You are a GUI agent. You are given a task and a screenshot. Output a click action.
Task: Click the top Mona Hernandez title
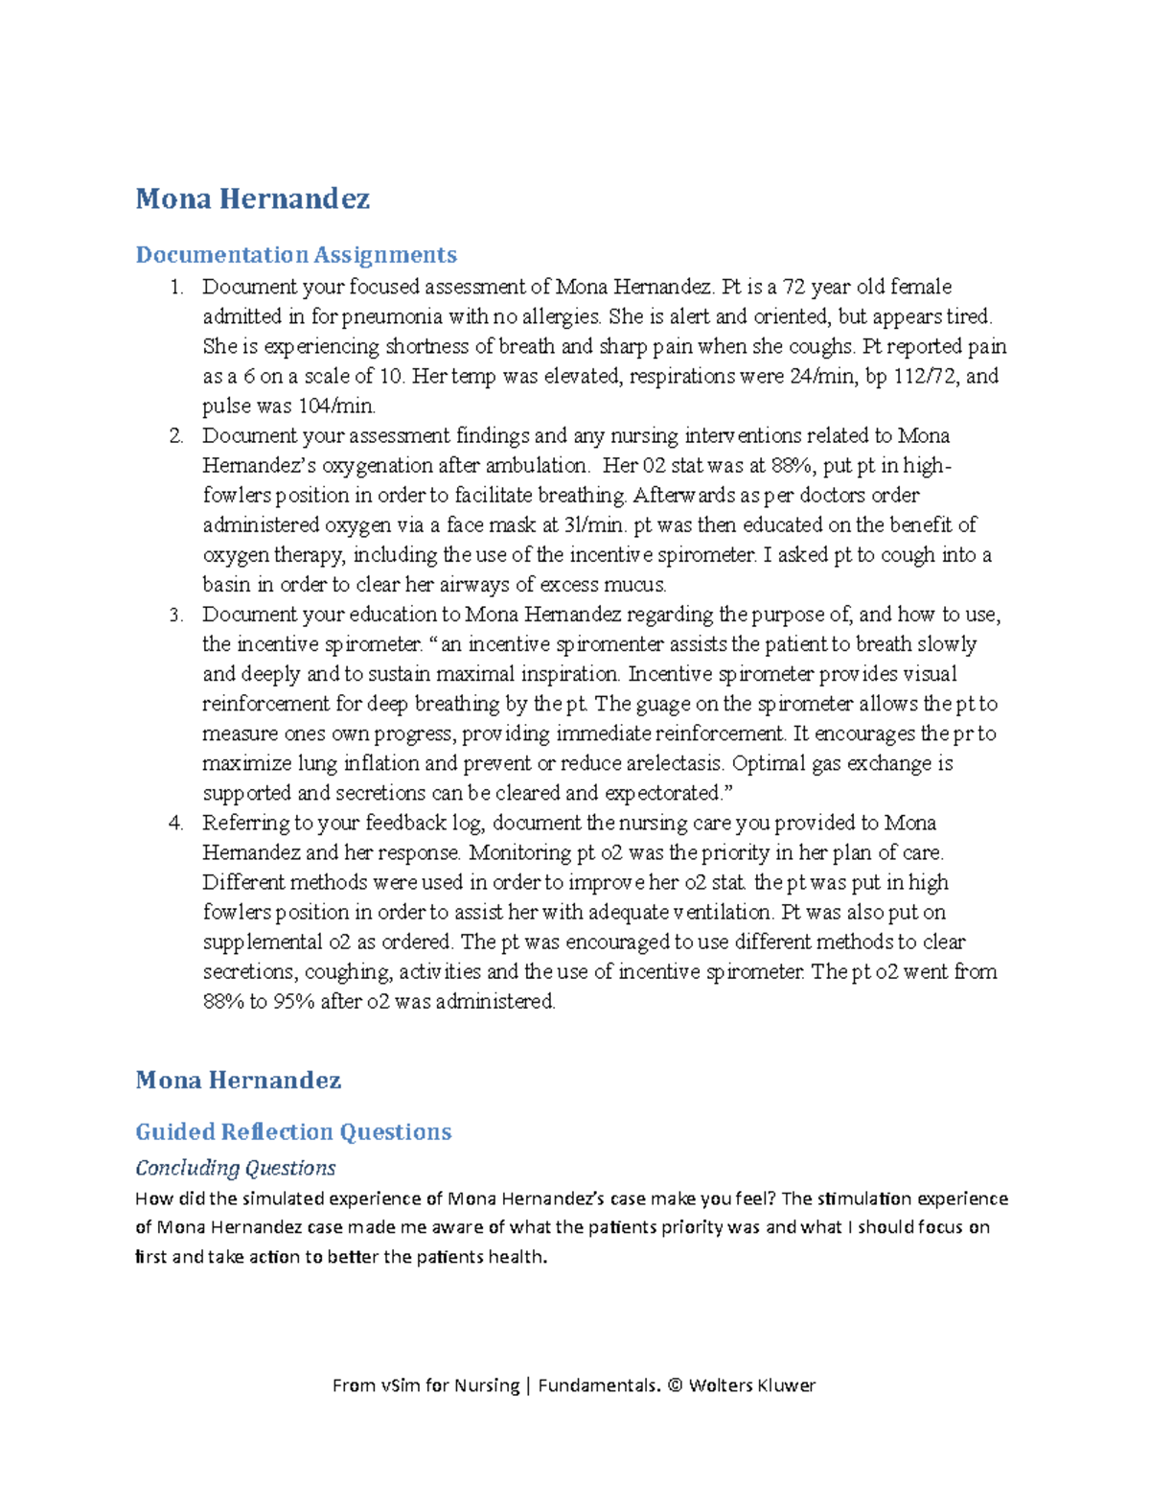[252, 198]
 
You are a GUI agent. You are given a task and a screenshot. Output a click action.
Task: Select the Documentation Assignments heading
[296, 254]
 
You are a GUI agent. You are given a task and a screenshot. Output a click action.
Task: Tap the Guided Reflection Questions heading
[293, 1131]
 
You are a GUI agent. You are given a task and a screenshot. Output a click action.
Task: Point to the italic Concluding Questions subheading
[236, 1168]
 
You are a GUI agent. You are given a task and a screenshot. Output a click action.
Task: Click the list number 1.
[175, 287]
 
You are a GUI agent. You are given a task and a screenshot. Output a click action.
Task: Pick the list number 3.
[175, 615]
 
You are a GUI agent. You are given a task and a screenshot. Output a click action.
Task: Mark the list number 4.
[175, 823]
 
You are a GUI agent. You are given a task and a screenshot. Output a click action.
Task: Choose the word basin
[226, 585]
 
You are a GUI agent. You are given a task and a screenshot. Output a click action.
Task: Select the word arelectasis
[677, 763]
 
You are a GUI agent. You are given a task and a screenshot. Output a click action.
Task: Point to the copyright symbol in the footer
[675, 1385]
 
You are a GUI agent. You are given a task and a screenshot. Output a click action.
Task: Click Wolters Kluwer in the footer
[752, 1385]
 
